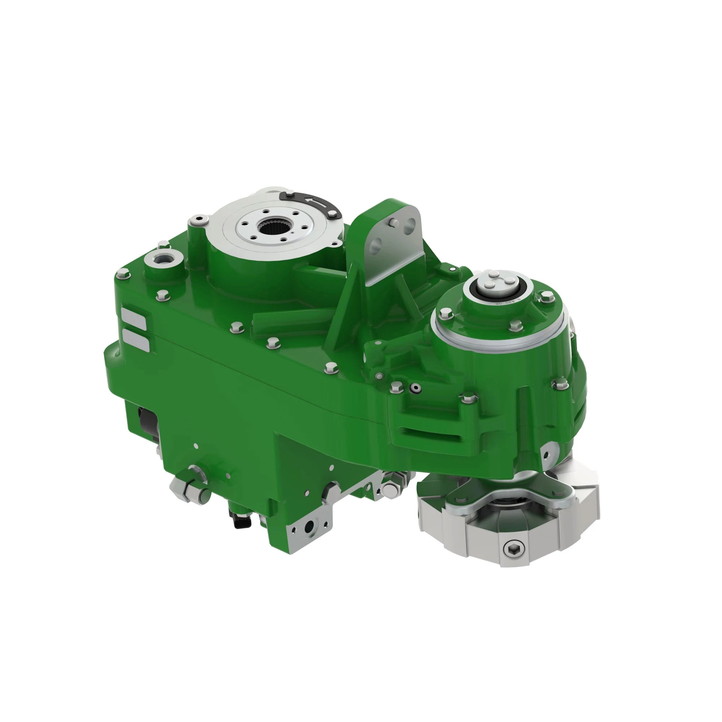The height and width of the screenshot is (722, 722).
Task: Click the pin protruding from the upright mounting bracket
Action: [x=392, y=222]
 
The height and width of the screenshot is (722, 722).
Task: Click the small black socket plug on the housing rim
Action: [x=414, y=389]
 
